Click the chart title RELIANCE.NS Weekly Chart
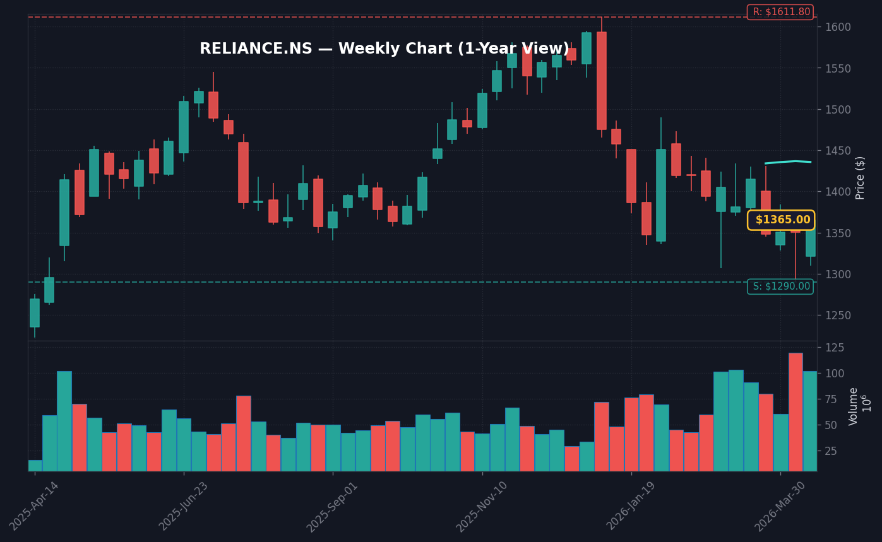click(x=384, y=49)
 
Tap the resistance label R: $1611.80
click(x=780, y=12)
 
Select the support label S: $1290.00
click(x=780, y=286)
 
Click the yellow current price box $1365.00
click(x=781, y=220)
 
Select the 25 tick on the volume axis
click(x=830, y=451)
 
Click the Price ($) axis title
click(x=861, y=178)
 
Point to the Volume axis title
click(x=854, y=406)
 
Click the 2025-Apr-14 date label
click(x=34, y=506)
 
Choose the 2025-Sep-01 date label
click(x=333, y=506)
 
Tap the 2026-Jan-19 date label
click(x=631, y=506)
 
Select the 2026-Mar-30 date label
click(x=780, y=506)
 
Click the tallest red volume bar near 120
click(x=796, y=411)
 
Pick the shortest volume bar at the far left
click(x=35, y=466)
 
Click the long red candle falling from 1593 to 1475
click(x=601, y=81)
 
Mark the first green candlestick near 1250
click(x=35, y=313)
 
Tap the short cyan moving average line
click(x=788, y=162)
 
